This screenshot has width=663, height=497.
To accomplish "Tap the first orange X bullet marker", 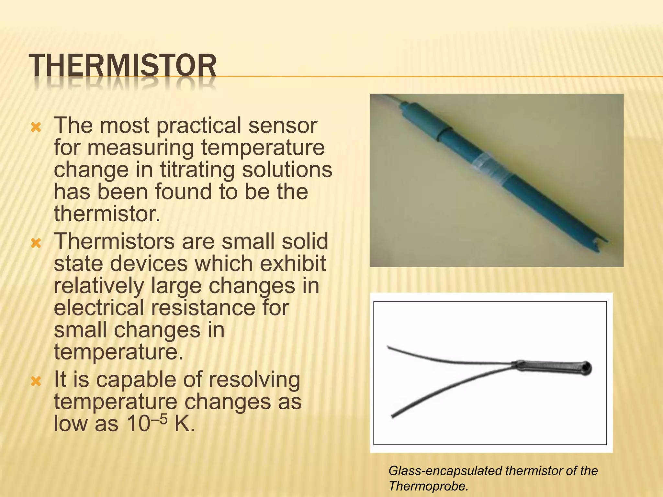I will pyautogui.click(x=36, y=127).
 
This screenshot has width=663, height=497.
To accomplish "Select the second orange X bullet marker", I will pyautogui.click(x=36, y=243).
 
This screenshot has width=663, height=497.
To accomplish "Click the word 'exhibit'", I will pyautogui.click(x=293, y=263).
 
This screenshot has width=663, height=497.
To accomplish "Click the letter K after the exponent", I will pyautogui.click(x=185, y=424).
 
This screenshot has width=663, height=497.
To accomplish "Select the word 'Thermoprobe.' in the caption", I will pyautogui.click(x=428, y=486).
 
